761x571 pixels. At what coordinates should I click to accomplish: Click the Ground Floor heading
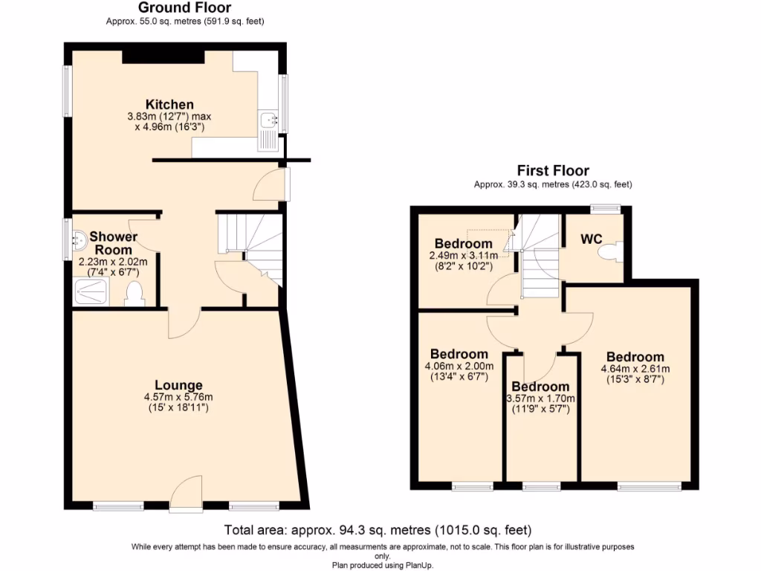tap(184, 8)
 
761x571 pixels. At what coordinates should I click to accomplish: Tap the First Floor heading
tap(553, 171)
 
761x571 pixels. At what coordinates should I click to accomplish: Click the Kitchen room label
tap(169, 104)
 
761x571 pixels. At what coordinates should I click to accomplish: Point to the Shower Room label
tap(113, 243)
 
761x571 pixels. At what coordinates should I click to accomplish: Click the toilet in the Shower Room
tap(135, 294)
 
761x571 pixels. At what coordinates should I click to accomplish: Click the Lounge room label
tap(173, 385)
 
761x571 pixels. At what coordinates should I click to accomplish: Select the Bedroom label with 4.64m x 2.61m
tap(635, 357)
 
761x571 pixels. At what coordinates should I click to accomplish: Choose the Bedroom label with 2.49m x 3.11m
tap(463, 243)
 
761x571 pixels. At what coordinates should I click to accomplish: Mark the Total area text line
tap(378, 530)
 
